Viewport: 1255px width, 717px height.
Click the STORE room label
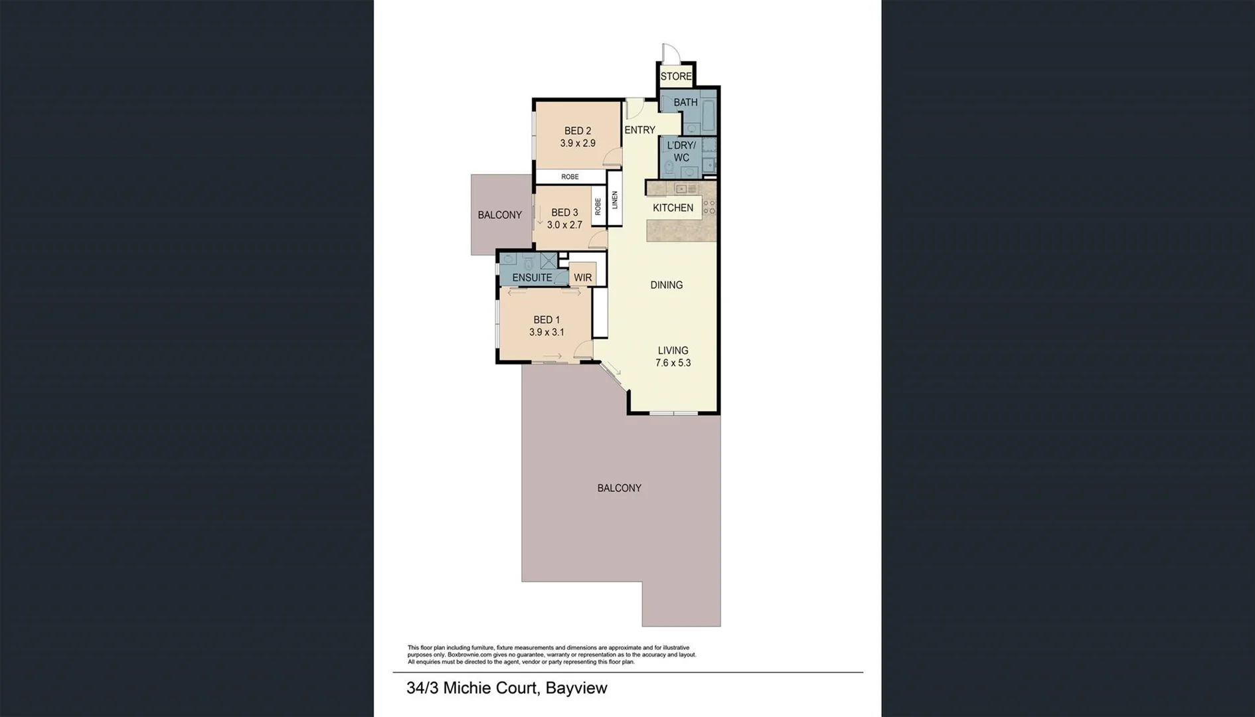(x=676, y=76)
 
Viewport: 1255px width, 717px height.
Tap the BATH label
(x=685, y=102)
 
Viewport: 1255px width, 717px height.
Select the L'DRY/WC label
(x=681, y=151)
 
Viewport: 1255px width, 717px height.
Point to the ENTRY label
(x=639, y=130)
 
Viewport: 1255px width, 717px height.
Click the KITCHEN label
(x=673, y=208)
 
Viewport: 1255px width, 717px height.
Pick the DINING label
(x=666, y=285)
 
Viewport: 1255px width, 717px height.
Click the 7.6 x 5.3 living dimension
(x=673, y=363)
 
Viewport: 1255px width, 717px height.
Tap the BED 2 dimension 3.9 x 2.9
(x=577, y=143)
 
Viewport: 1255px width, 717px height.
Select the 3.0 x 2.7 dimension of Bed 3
(x=564, y=225)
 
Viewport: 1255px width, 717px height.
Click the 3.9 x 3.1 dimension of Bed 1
(x=546, y=332)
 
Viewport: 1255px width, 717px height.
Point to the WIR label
(x=582, y=278)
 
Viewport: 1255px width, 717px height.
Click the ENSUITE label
(x=532, y=278)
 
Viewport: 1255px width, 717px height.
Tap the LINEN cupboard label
(x=615, y=200)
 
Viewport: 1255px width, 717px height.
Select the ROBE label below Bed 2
(x=570, y=177)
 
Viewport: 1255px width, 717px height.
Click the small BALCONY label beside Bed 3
(x=499, y=215)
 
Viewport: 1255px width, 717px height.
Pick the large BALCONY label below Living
(x=619, y=488)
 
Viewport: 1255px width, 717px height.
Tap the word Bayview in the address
(x=576, y=688)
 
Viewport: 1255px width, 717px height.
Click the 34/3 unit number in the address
(x=422, y=688)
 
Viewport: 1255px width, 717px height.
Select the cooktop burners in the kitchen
(x=709, y=207)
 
